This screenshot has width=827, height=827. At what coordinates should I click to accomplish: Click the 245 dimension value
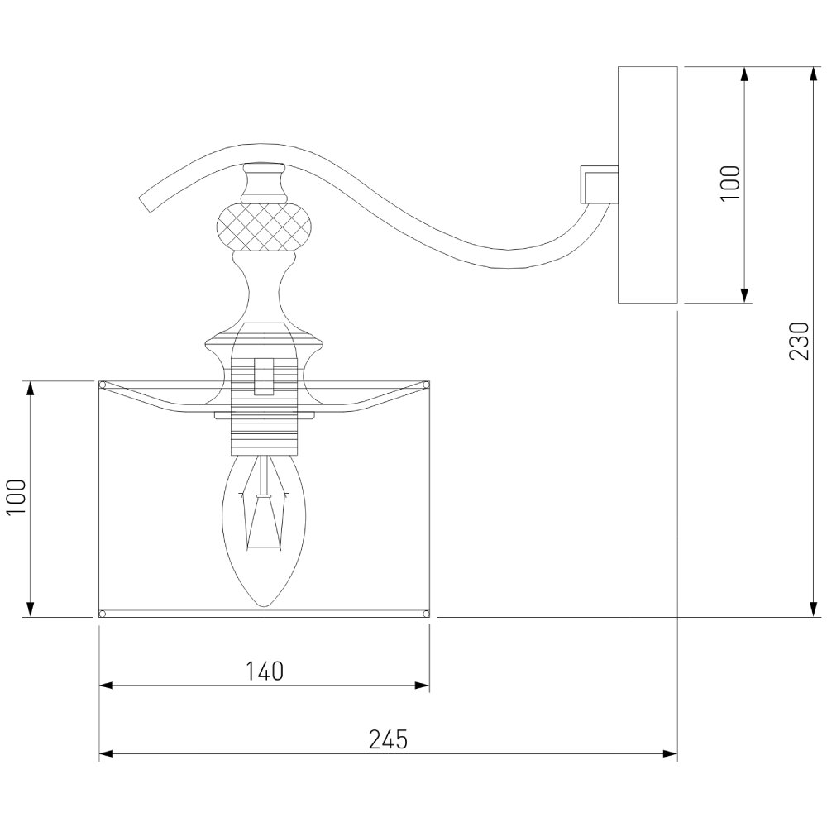[388, 740]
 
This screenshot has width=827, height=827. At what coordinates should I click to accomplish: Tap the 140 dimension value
[265, 672]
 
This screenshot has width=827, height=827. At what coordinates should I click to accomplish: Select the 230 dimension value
[799, 341]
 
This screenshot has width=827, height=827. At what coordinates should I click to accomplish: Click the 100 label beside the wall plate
[730, 183]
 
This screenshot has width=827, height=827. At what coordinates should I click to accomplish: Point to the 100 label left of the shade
[17, 497]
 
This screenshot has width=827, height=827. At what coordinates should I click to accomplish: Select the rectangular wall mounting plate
[648, 184]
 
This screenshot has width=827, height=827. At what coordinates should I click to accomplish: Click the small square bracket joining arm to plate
[599, 184]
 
